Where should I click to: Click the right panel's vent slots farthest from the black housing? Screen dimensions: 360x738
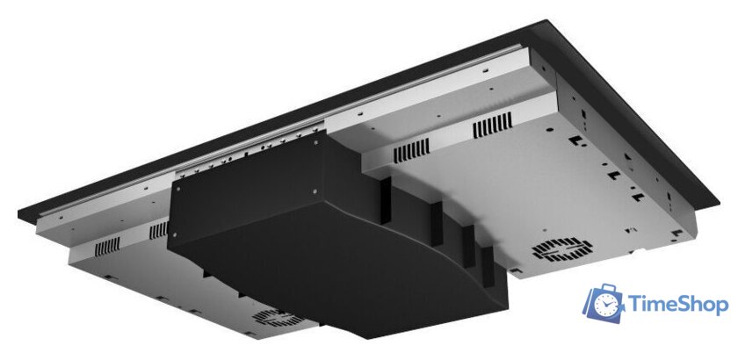click(491, 130)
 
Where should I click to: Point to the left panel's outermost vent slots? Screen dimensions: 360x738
click(106, 247)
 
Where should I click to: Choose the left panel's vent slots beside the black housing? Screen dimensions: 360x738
click(158, 231)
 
